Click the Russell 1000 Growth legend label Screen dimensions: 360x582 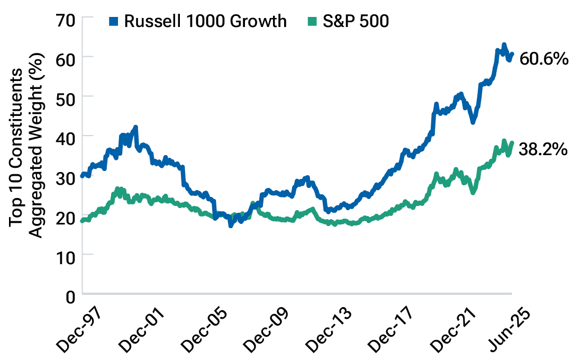pos(205,21)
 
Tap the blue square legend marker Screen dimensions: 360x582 pos(113,21)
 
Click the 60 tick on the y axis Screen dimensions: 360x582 pos(67,57)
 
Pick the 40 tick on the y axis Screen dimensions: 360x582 pos(67,136)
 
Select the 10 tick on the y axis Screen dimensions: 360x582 pos(67,255)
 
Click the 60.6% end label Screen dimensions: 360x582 pos(544,58)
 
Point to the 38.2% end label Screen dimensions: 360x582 pos(544,150)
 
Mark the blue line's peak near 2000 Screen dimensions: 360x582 pos(135,127)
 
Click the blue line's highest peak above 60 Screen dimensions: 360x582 pos(504,44)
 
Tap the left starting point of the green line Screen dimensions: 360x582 pos(82,220)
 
